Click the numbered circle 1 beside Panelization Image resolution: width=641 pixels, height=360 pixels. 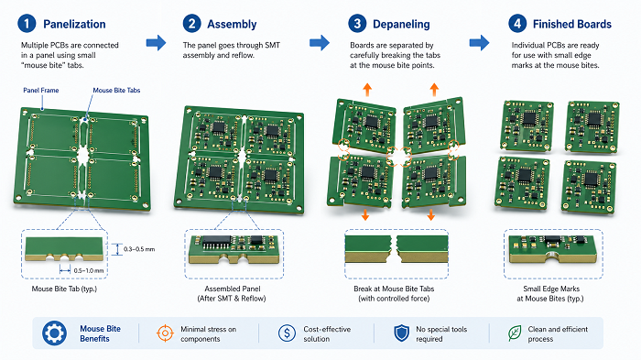(27, 23)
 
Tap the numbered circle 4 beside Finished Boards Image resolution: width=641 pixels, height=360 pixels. (517, 23)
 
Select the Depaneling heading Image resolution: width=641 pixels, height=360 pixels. (401, 24)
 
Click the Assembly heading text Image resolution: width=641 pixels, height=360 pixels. (232, 24)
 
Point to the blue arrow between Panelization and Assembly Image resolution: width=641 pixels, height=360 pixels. (157, 42)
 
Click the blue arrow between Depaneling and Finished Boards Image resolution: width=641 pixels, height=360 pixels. (479, 42)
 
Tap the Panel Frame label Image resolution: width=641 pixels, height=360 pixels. (41, 90)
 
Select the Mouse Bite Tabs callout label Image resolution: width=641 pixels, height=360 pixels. (116, 90)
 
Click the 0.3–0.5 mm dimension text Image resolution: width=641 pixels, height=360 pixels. (139, 249)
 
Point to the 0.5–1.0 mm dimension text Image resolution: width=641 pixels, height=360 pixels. (88, 270)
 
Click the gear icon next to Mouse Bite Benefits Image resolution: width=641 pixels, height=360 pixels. (54, 333)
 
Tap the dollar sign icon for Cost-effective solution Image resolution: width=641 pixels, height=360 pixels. (287, 333)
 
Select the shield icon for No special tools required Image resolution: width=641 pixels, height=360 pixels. (401, 333)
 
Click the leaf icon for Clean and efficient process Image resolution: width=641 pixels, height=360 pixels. (515, 333)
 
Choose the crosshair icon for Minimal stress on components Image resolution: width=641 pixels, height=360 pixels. (165, 333)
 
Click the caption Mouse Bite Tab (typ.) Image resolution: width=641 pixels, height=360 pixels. (64, 289)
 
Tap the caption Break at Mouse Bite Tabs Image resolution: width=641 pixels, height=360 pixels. (394, 289)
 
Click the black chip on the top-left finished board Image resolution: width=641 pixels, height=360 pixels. (529, 118)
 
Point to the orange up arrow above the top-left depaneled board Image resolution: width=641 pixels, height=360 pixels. (367, 90)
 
